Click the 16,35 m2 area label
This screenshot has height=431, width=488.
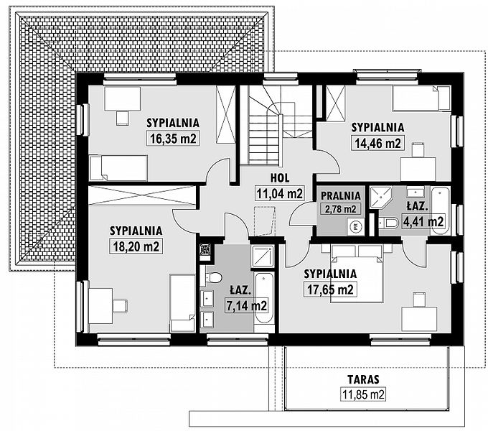[x=173, y=138]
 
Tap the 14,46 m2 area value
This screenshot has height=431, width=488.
[x=377, y=143]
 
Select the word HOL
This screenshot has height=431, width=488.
[x=280, y=178]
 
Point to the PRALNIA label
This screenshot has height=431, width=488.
[x=341, y=195]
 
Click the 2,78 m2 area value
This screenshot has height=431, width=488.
[x=340, y=208]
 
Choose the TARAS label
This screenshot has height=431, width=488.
[x=363, y=379]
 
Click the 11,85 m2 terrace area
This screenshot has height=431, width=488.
[x=363, y=394]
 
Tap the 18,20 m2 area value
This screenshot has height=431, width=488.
[x=136, y=246]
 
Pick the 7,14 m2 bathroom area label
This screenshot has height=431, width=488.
[x=246, y=306]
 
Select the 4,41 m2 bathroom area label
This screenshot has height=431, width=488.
[x=423, y=221]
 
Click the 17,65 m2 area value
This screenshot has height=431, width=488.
[x=330, y=289]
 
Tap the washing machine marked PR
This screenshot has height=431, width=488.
[x=355, y=226]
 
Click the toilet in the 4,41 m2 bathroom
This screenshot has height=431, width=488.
[x=388, y=223]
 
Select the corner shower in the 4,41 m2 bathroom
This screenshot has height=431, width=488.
[x=381, y=199]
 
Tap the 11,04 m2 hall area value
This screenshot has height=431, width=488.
[x=279, y=193]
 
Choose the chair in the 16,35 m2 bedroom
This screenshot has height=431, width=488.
[x=122, y=119]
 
